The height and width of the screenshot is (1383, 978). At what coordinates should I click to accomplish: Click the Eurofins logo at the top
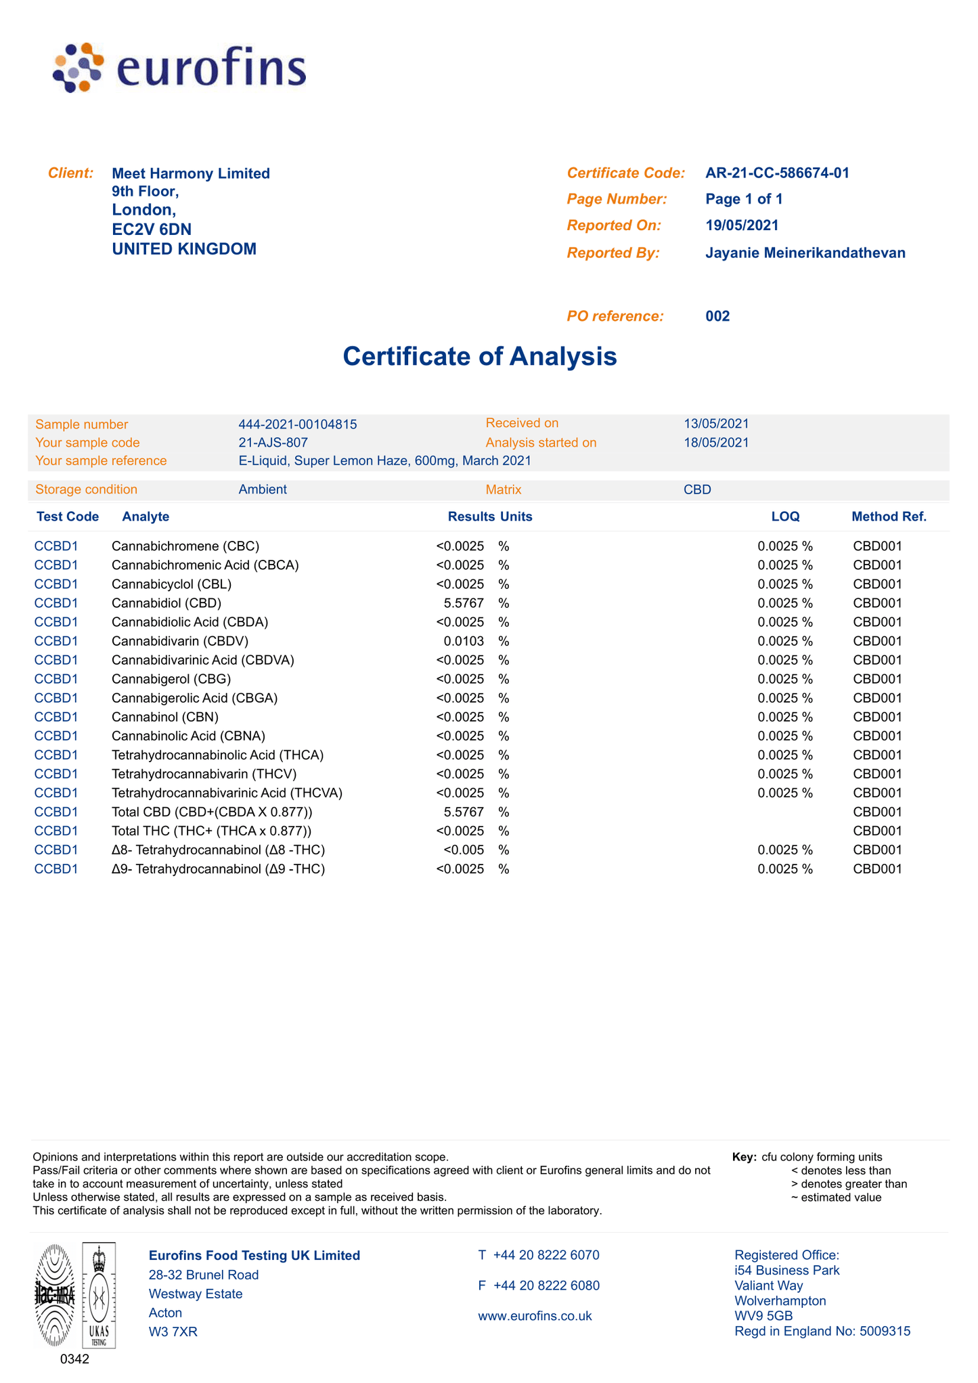pos(180,68)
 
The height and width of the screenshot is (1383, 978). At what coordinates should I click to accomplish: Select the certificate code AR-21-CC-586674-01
pos(777,173)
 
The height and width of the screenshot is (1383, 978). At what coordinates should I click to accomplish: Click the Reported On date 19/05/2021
pos(742,225)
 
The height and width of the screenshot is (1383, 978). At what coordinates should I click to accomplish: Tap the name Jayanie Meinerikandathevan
pos(805,253)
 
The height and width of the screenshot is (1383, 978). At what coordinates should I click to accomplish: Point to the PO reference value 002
pos(717,316)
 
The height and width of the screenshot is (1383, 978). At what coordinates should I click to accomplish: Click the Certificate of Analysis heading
pos(479,356)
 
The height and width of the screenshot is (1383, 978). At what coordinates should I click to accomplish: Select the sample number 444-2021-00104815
pos(298,424)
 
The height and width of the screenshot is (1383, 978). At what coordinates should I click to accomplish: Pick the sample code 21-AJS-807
pos(273,443)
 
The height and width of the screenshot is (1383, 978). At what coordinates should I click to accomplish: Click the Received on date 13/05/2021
pos(716,424)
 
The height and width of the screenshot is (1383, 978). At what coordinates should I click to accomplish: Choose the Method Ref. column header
pos(889,517)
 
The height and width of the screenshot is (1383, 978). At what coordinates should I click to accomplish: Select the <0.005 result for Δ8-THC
pos(464,850)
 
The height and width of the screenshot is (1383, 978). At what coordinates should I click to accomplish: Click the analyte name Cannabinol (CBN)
pos(165,717)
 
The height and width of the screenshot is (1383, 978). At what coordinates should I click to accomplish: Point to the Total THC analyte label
pos(212,831)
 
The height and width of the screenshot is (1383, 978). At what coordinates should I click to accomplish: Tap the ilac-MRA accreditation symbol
pos(55,1295)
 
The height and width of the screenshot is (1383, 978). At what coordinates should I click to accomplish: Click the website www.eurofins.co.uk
pos(535,1316)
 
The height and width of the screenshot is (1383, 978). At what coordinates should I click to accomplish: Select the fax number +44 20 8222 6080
pos(546,1286)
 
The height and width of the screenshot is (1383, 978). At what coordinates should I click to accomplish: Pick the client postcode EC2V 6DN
pos(152,229)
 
